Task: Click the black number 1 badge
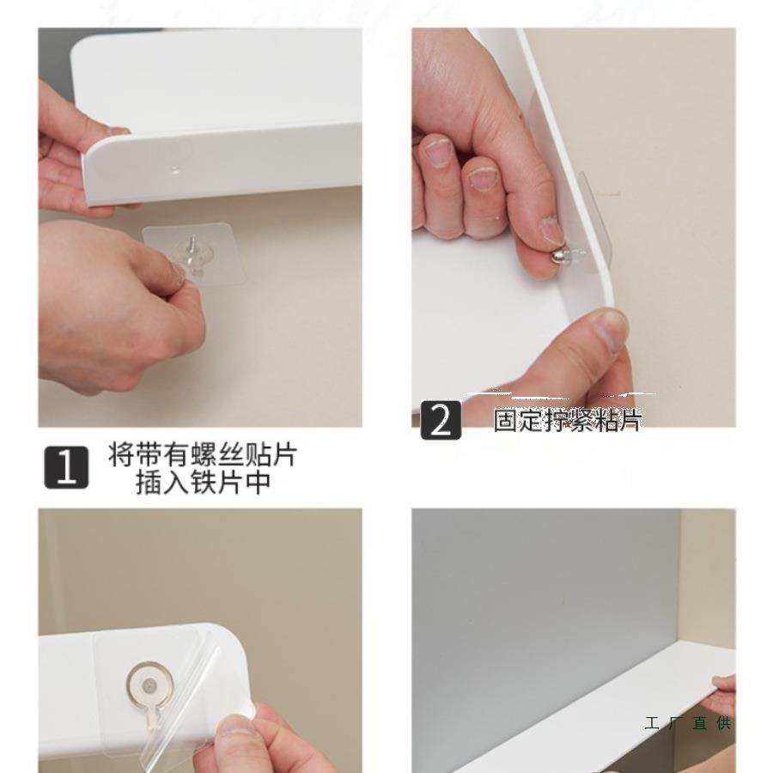click(66, 467)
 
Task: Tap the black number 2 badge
click(441, 420)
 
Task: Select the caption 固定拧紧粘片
click(567, 420)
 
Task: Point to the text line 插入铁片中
click(203, 483)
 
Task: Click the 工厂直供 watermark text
click(688, 723)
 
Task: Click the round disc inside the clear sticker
click(153, 682)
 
